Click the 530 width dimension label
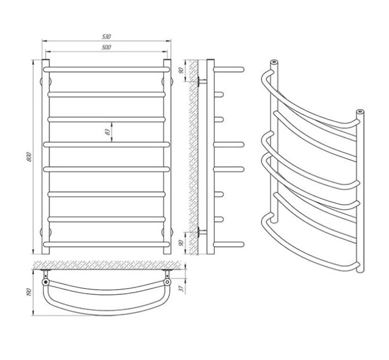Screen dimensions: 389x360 [x=106, y=37]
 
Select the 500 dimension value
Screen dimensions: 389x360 [x=106, y=47]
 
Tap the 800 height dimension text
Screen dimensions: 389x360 [x=29, y=157]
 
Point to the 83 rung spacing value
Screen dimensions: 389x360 [x=107, y=132]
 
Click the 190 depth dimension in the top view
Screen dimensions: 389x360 [x=30, y=293]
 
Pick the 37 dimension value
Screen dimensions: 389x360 [x=182, y=289]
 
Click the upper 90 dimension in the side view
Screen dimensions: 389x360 [x=181, y=70]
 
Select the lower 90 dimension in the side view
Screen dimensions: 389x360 [x=181, y=243]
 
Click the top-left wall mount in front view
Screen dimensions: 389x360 [x=46, y=81]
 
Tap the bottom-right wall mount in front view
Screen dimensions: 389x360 [x=167, y=232]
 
